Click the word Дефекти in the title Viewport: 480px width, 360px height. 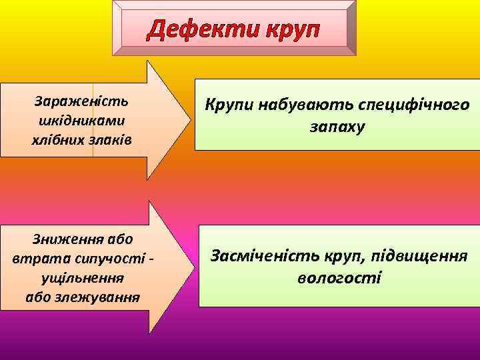203,30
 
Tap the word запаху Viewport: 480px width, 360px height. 337,127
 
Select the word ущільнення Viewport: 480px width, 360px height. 82,277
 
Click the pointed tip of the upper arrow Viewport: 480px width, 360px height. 187,120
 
